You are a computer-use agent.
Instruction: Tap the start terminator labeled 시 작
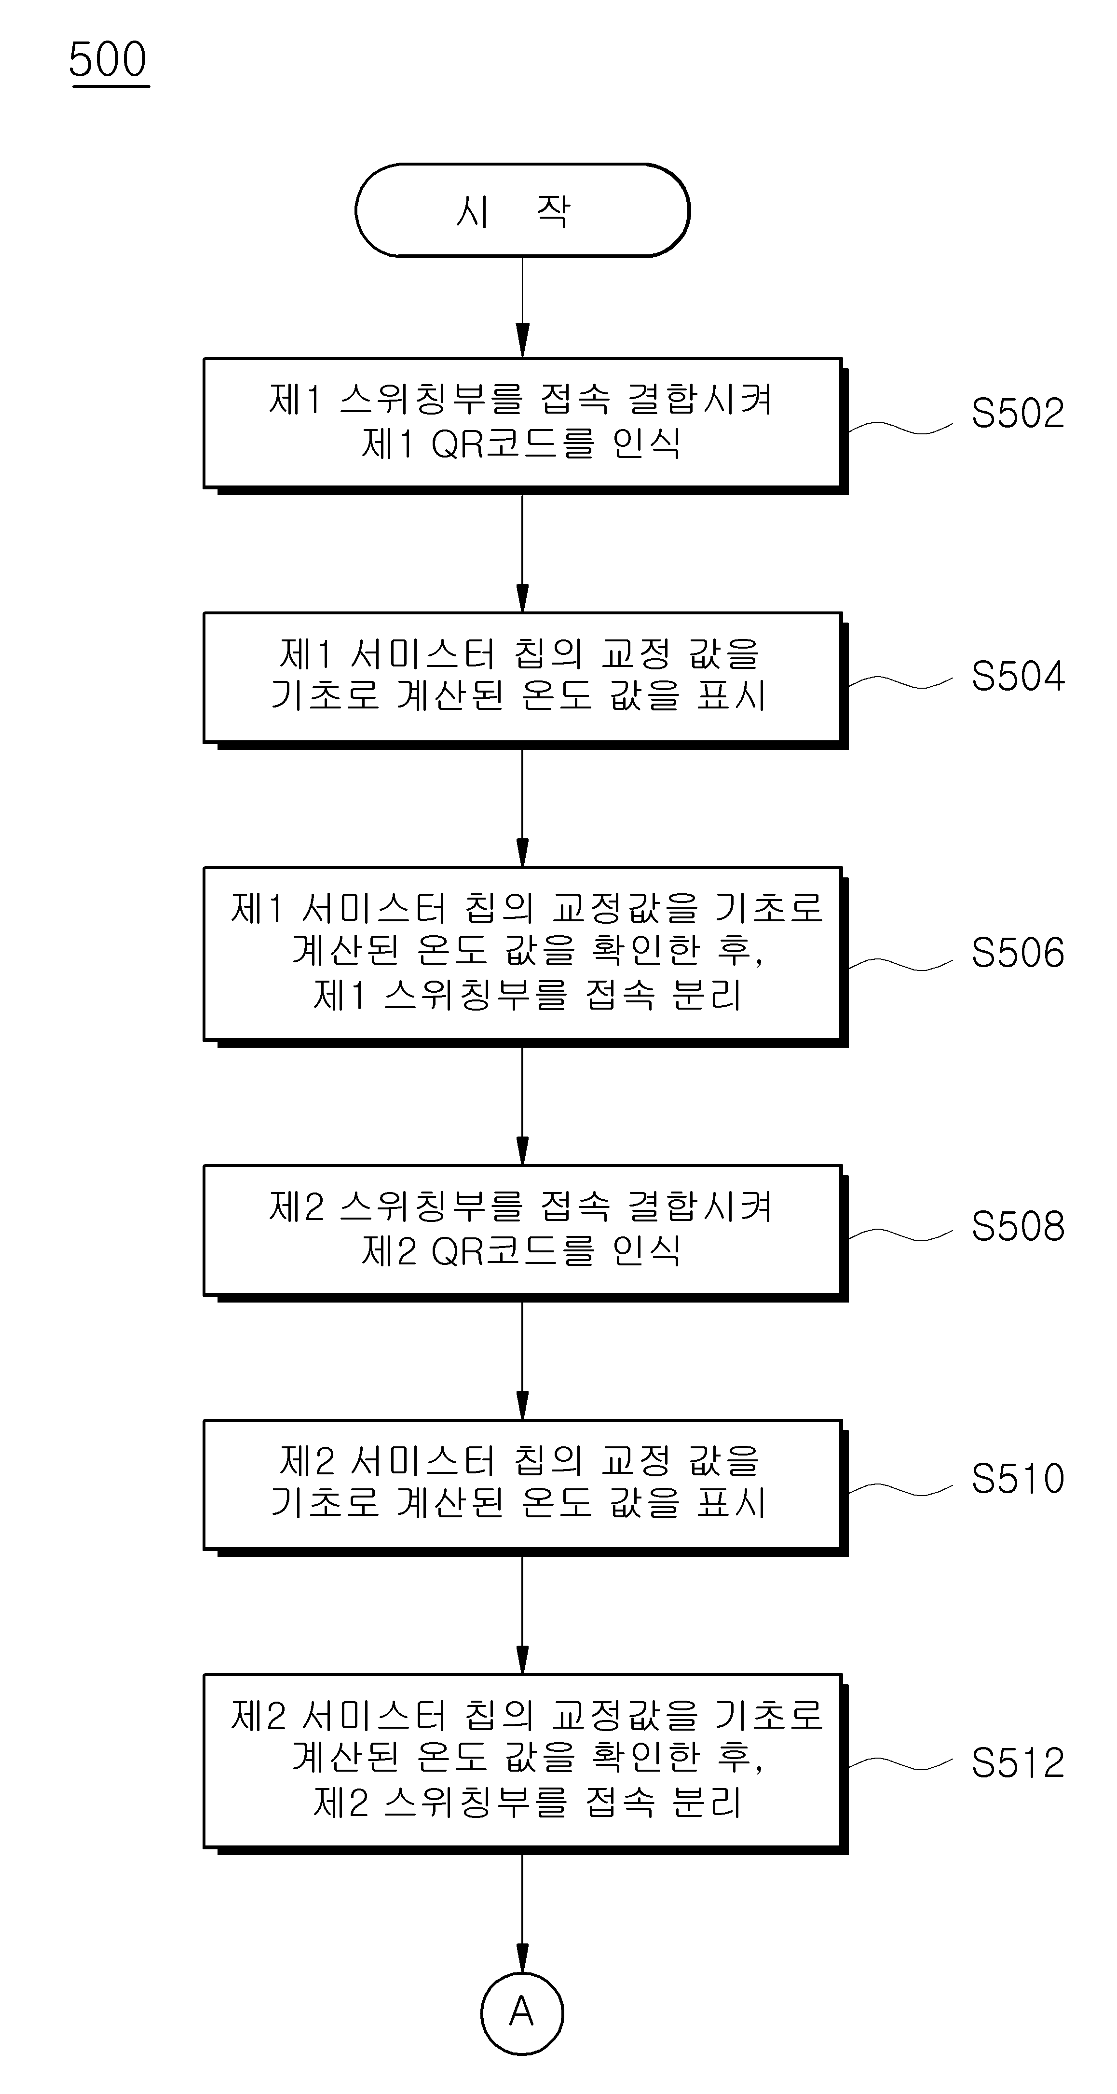(x=522, y=210)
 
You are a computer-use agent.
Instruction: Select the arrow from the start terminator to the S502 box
(x=522, y=307)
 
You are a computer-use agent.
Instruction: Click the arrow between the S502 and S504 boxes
(x=522, y=553)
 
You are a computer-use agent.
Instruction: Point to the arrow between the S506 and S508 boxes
(x=522, y=1106)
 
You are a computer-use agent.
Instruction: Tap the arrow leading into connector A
(x=522, y=1913)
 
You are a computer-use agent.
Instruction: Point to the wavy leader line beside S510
(x=900, y=1489)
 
